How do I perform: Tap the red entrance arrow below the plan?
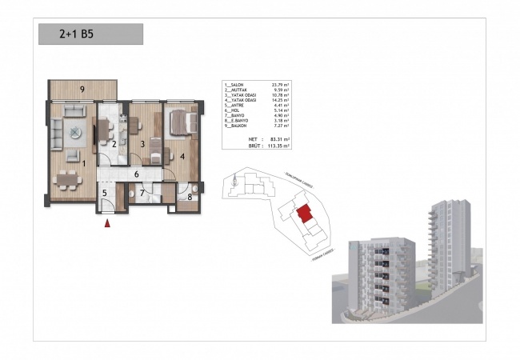pos(107,224)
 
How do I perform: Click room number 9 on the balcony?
pos(82,88)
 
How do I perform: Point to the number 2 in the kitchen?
pos(114,144)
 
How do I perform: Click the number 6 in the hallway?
pos(137,174)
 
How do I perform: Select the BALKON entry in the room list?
pos(238,126)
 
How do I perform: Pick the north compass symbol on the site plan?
pos(233,182)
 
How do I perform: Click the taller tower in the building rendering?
pos(442,240)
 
